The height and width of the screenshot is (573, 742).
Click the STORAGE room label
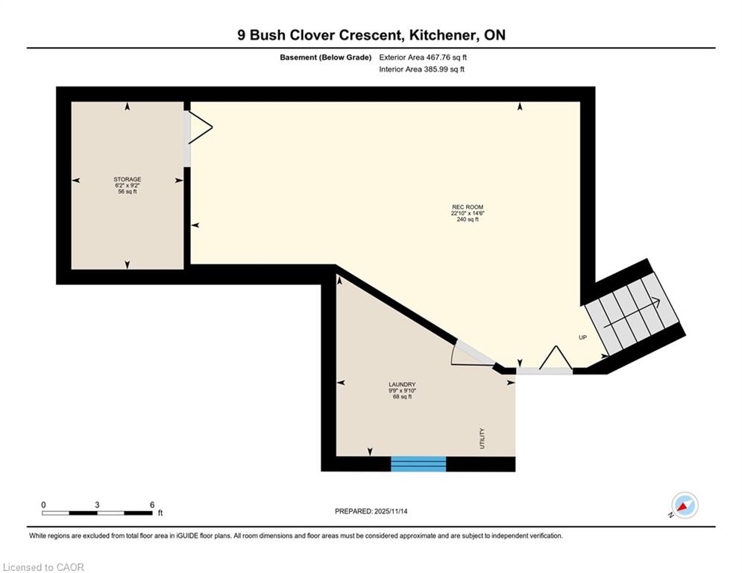pyautogui.click(x=128, y=180)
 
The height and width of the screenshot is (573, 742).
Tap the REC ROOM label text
pyautogui.click(x=468, y=207)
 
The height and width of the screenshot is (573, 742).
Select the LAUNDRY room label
pyautogui.click(x=402, y=384)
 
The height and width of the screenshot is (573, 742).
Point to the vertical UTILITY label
pyautogui.click(x=482, y=439)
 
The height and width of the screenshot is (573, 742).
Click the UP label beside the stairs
pyautogui.click(x=582, y=338)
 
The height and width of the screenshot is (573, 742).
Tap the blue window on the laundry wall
pyautogui.click(x=418, y=464)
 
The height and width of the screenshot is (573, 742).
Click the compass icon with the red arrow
pyautogui.click(x=685, y=505)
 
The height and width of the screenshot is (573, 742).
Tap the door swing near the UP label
pyautogui.click(x=556, y=357)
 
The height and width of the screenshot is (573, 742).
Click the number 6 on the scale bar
pyautogui.click(x=152, y=505)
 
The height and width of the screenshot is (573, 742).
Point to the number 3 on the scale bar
pyautogui.click(x=97, y=505)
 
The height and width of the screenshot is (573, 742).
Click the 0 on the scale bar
pyautogui.click(x=43, y=505)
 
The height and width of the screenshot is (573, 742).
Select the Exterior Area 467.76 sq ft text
pyautogui.click(x=423, y=57)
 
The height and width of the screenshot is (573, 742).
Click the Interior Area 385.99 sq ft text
pyautogui.click(x=421, y=69)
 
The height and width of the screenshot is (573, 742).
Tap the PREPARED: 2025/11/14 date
pyautogui.click(x=371, y=511)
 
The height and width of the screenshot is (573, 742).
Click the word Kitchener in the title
pyautogui.click(x=442, y=35)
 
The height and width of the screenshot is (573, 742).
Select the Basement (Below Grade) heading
pyautogui.click(x=326, y=57)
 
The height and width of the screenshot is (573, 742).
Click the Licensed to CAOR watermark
pyautogui.click(x=43, y=567)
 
